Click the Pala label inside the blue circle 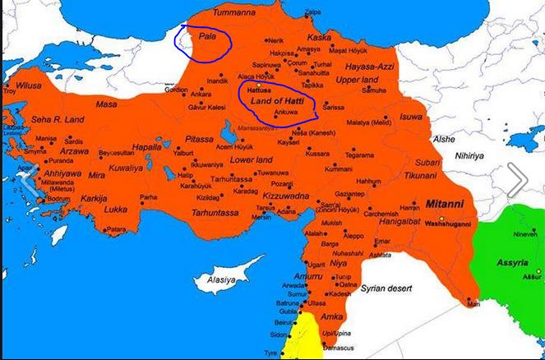click(x=196, y=38)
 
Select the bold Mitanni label click(x=446, y=201)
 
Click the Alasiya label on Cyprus click(x=219, y=279)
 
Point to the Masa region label click(x=106, y=104)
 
